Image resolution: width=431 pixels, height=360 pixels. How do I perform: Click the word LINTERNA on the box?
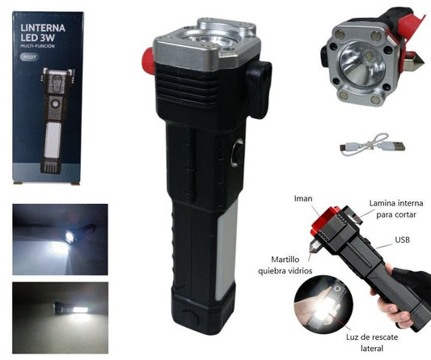tap(43, 28)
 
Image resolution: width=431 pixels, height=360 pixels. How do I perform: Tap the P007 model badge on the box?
tap(29, 57)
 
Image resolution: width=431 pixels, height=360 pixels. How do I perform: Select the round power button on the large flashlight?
tap(238, 153)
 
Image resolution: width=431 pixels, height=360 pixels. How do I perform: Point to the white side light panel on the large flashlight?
tap(226, 250)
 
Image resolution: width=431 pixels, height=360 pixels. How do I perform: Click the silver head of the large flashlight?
tap(206, 44)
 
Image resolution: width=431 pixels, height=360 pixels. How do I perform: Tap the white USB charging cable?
tap(373, 145)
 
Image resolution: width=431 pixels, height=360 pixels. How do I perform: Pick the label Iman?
tap(303, 198)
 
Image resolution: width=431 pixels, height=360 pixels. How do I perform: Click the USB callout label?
tap(403, 239)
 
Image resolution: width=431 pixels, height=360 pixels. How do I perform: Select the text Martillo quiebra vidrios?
tap(285, 265)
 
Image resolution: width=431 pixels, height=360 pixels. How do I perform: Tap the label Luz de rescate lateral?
tap(372, 343)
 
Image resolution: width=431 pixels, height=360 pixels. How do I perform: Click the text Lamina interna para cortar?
tap(396, 209)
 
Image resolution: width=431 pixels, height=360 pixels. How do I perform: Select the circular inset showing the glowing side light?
tap(323, 304)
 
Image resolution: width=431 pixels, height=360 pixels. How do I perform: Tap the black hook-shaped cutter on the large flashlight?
tap(258, 89)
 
